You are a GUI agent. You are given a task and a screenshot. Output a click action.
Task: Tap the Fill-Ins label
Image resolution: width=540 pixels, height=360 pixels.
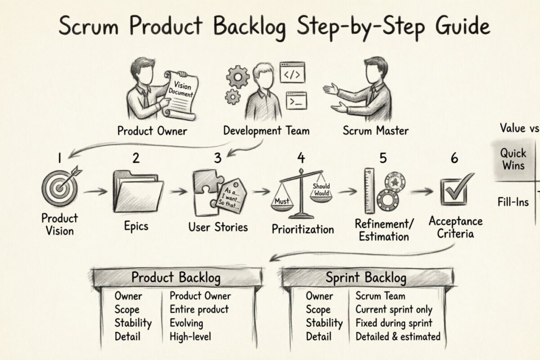[513, 202]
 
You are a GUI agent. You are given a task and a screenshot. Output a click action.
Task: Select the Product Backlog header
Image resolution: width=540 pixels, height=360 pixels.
[176, 278]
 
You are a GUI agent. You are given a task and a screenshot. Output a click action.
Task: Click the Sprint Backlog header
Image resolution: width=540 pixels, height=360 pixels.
[366, 278]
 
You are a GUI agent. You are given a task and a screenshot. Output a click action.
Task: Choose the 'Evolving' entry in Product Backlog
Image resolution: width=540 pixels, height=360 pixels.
[186, 323]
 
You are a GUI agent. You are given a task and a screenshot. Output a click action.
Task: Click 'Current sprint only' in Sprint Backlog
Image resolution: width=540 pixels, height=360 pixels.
[394, 310]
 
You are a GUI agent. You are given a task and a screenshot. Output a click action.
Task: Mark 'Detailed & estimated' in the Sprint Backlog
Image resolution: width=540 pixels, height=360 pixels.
[398, 337]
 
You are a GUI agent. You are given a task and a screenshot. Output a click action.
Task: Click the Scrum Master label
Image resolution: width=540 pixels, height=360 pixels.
[375, 131]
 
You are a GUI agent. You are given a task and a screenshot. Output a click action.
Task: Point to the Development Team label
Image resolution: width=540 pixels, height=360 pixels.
[266, 131]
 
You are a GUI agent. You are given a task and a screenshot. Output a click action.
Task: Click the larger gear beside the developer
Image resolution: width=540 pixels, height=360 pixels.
[238, 77]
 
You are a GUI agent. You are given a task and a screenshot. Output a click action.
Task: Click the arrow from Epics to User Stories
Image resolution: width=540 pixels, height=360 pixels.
[179, 192]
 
